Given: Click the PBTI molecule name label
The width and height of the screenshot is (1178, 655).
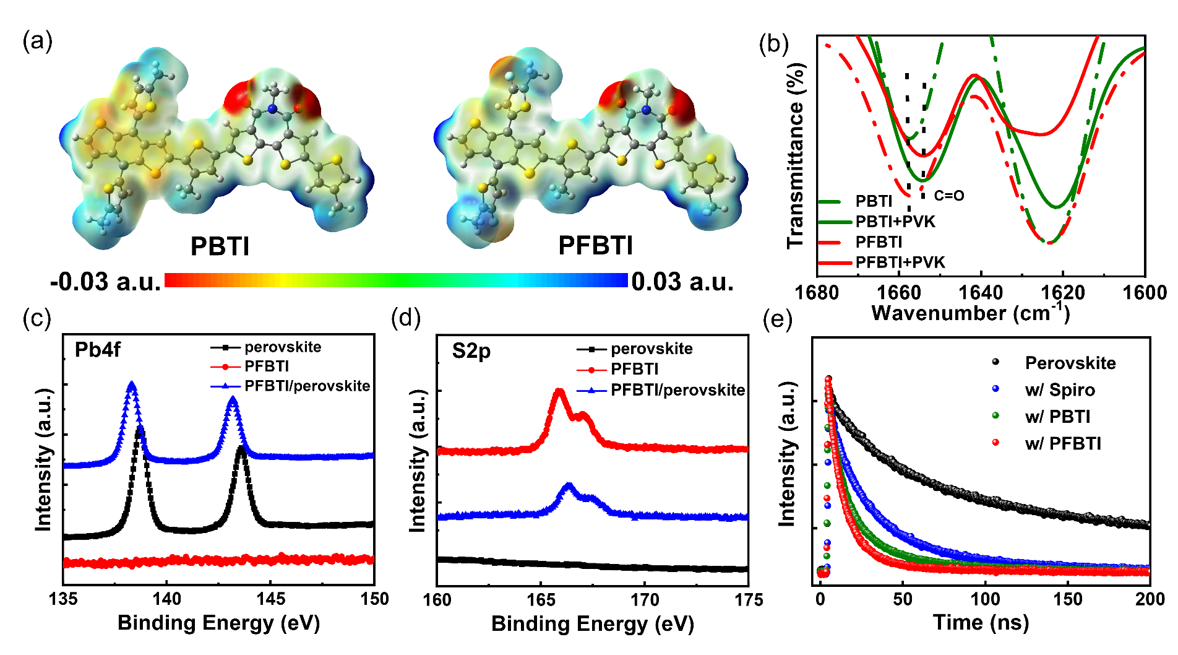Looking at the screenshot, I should [x=220, y=246].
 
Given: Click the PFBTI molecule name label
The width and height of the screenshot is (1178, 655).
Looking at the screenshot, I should [x=595, y=245].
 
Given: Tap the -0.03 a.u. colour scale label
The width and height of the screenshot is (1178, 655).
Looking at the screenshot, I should [x=106, y=282].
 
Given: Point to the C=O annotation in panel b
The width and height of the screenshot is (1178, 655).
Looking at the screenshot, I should [x=949, y=196].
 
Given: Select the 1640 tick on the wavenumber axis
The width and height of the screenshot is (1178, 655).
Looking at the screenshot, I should [x=981, y=292].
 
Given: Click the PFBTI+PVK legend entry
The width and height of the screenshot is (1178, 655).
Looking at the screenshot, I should [x=900, y=262].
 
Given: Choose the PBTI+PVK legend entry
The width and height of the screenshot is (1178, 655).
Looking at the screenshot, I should [x=895, y=222].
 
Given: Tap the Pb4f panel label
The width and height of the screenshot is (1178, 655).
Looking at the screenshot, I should [x=97, y=350].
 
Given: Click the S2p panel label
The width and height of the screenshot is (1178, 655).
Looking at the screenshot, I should [x=471, y=351].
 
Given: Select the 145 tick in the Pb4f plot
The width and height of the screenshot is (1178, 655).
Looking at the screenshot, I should [x=270, y=599].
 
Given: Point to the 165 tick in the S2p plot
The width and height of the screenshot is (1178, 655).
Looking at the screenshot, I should [x=541, y=600].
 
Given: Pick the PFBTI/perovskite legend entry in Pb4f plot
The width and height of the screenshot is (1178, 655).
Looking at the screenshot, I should [x=307, y=386].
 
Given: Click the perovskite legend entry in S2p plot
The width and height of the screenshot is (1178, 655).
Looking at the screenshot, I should [x=651, y=349].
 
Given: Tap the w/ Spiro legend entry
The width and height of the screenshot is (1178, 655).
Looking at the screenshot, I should [x=1059, y=390].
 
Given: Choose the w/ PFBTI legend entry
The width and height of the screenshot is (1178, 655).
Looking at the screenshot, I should [x=1062, y=443].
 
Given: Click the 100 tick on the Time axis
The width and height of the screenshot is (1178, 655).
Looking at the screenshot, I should [x=985, y=599].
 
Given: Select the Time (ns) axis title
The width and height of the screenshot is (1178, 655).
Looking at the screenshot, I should [x=981, y=622].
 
